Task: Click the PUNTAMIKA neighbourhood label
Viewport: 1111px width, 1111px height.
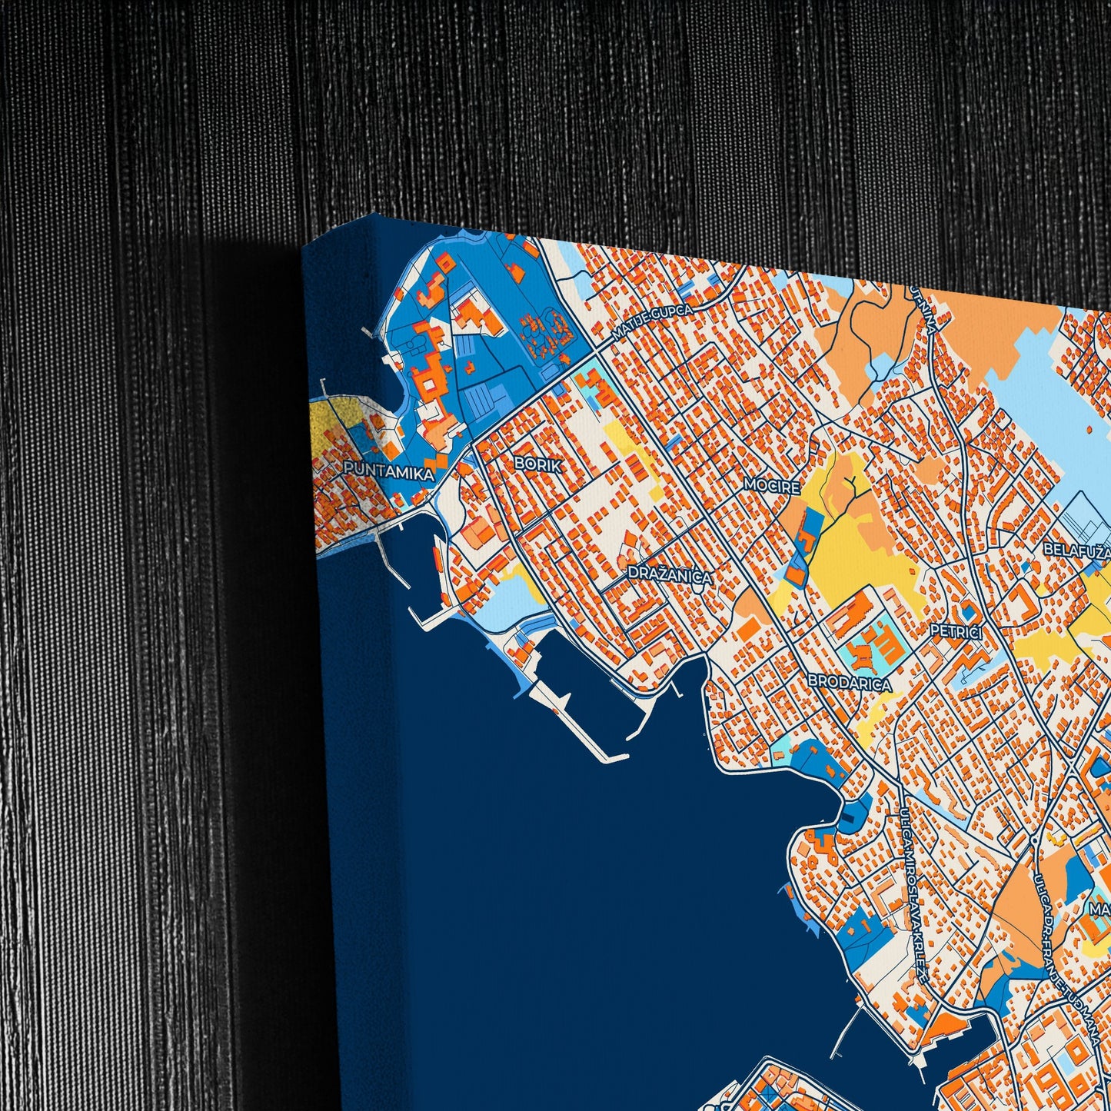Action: [x=388, y=470]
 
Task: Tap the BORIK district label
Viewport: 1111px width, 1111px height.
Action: [x=538, y=464]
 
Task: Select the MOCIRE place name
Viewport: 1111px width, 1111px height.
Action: [x=771, y=485]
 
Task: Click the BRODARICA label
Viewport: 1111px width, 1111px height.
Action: [x=849, y=684]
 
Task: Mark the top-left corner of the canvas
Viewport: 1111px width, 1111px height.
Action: [x=304, y=248]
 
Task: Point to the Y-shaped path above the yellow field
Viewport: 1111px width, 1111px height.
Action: [x=851, y=485]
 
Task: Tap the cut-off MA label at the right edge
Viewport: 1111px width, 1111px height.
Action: [x=1099, y=910]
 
